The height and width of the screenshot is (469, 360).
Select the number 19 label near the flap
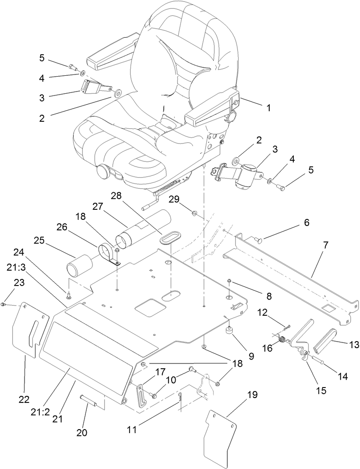click(x=253, y=395)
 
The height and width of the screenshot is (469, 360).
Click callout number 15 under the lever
click(x=321, y=390)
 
